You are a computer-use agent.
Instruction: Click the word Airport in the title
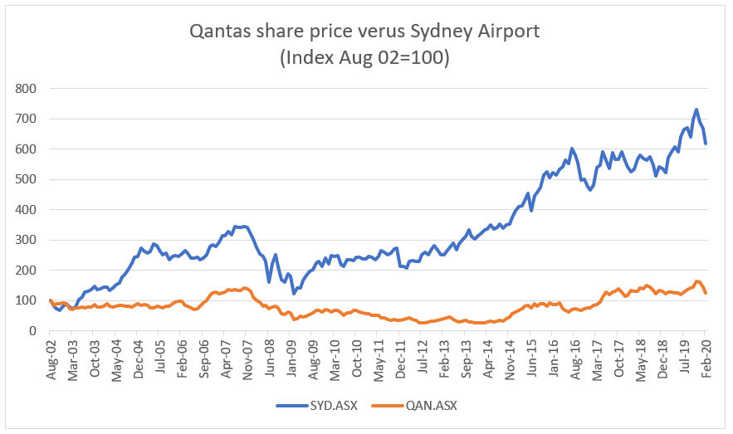coord(506,32)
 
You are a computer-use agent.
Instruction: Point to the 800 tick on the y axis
coord(27,88)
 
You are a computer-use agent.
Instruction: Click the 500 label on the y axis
coord(27,179)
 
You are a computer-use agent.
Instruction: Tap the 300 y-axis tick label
coord(27,240)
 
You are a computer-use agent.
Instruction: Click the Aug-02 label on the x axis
coord(51,358)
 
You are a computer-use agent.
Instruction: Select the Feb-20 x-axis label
coord(706,358)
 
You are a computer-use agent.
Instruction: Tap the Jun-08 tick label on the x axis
coord(269,358)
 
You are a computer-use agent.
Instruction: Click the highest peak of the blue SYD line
coord(696,110)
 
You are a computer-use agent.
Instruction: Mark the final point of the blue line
coord(706,144)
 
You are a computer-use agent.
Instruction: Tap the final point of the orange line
coord(706,293)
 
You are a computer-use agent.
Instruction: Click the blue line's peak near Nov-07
coord(242,226)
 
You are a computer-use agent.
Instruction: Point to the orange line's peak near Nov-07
coord(244,288)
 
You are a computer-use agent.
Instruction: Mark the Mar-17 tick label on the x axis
coord(597,358)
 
